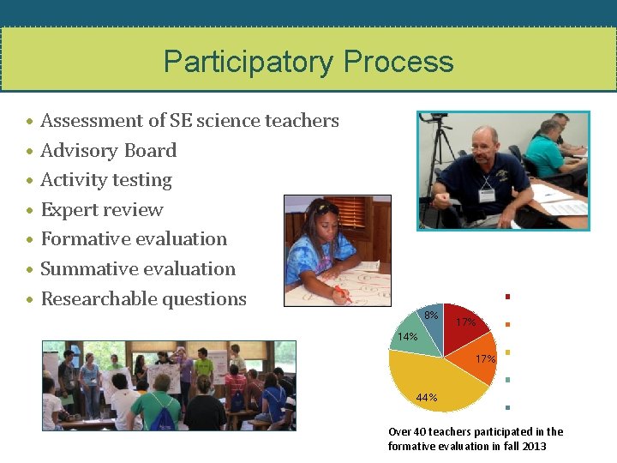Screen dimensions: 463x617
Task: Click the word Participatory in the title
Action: point(249,62)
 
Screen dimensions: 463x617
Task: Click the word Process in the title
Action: point(398,62)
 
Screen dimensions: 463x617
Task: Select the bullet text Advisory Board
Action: point(108,151)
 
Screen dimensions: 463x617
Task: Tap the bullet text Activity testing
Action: point(106,180)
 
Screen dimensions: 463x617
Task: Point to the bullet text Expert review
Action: point(102,210)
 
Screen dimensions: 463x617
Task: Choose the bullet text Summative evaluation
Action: point(138,269)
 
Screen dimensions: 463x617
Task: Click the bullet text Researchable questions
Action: point(143,299)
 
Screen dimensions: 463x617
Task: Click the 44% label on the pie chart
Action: point(426,397)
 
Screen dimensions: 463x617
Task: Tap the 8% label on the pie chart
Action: point(431,316)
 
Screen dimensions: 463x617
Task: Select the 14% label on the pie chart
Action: point(406,337)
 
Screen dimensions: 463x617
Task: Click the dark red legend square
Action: point(507,297)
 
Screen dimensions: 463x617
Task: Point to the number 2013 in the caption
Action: point(533,447)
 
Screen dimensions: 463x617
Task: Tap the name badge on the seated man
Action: point(487,194)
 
